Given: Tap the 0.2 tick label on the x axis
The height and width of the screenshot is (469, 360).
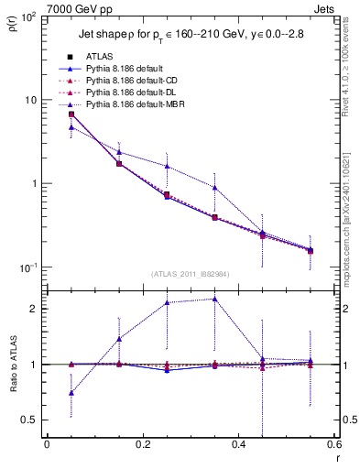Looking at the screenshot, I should (142, 445).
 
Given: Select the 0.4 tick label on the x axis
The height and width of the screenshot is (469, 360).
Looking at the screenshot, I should (238, 445).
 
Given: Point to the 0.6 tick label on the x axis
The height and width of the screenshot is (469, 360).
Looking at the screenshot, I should (333, 445).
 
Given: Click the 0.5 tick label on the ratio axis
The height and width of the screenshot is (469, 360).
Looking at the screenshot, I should (30, 420).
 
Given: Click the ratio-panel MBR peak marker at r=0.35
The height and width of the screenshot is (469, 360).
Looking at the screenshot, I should (214, 299).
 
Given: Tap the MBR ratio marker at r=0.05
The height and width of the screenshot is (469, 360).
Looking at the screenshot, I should (71, 393).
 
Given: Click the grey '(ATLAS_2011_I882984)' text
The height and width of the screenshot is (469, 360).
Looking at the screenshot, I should (191, 274).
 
